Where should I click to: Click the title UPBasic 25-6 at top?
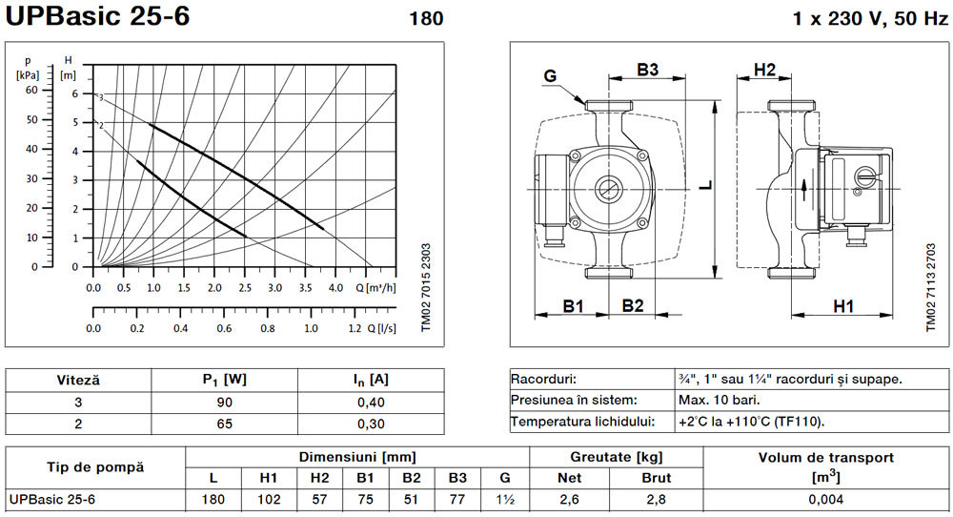[x=98, y=15]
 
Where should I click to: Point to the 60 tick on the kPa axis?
[x=31, y=90]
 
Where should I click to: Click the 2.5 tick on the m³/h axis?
[x=245, y=288]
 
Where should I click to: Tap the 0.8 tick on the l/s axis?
[x=268, y=328]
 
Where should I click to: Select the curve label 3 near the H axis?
[x=101, y=98]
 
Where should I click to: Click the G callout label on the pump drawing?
[x=550, y=76]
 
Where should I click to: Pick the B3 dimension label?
[x=647, y=70]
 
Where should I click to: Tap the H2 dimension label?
[x=764, y=70]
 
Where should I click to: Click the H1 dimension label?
[x=843, y=306]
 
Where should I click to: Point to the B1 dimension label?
[x=573, y=305]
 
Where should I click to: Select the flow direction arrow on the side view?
[x=804, y=190]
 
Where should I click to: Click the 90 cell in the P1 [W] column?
[x=224, y=403]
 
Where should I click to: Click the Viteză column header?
[x=78, y=381]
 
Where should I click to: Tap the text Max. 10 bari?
[x=720, y=401]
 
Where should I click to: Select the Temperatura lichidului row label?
[x=582, y=422]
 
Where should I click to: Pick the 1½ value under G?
[x=505, y=500]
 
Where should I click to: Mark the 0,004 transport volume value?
[x=826, y=500]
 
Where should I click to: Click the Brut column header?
[x=657, y=478]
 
